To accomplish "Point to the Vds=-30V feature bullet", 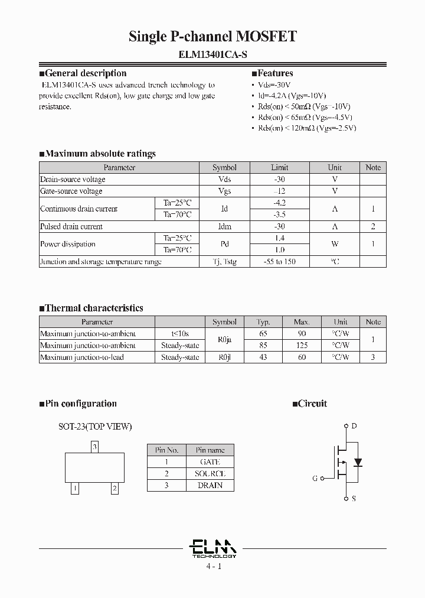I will pos(274,85).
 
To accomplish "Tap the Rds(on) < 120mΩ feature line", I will pos(307,128).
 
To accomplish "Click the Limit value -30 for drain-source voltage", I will pos(279,179).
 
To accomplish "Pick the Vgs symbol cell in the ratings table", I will pos(224,191).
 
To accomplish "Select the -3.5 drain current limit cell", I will pos(279,214).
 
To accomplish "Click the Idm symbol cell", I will pos(224,226).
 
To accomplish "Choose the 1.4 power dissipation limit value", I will pos(279,238).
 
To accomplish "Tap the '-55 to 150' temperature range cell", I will pos(279,261).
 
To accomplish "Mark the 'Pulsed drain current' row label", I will pos(71,226).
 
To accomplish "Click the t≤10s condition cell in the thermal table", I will pos(180,334).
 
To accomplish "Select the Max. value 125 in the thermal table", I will pos(301,345).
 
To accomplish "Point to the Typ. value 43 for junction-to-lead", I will pos(263,357).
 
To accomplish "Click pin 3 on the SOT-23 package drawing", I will pos(94,447).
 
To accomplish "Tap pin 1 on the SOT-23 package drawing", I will pos(75,488).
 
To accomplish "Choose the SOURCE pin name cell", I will pos(210,473).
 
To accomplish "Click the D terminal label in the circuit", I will pos(354,426).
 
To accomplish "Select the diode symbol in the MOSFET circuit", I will pos(357,461).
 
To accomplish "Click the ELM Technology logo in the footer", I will pos(214,549).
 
